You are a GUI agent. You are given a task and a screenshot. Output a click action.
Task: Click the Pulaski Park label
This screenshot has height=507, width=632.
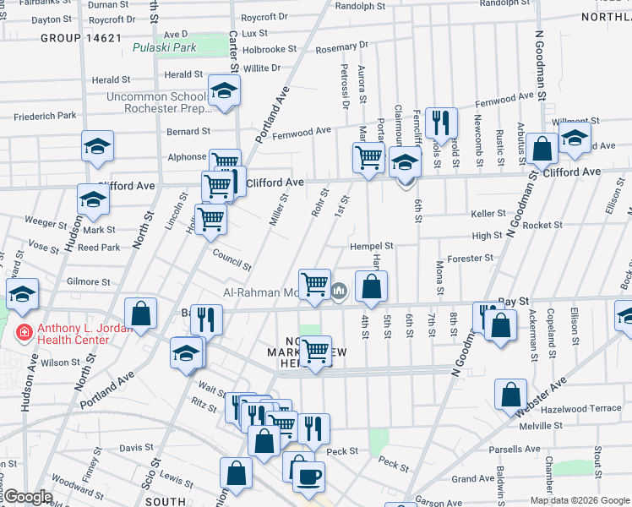pos(165,47)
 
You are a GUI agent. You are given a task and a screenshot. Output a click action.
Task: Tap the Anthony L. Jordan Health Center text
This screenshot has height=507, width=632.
pos(73,334)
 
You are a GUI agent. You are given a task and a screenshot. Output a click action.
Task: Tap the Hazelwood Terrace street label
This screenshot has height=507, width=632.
pos(582,408)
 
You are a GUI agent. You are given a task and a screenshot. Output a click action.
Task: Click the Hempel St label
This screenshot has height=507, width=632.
pos(372,246)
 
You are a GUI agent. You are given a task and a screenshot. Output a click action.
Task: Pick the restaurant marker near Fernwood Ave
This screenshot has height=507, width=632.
pos(440,123)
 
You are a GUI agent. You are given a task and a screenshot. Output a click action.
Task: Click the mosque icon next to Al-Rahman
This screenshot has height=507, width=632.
pos(339,292)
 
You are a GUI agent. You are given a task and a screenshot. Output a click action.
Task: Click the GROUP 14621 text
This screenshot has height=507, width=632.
pos(81,38)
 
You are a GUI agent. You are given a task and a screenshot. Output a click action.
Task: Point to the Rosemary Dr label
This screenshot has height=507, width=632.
pos(342,47)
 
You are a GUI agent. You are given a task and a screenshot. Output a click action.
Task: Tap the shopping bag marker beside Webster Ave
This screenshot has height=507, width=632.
pos(510,395)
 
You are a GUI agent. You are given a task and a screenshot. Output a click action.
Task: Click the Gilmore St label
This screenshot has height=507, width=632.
pos(89,281)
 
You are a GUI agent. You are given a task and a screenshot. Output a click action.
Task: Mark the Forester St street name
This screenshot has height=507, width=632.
pos(471,258)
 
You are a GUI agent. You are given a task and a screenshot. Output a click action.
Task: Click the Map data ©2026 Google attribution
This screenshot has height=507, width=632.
pos(579,500)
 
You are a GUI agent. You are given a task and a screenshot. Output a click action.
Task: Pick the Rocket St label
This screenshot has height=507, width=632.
pos(542,225)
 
